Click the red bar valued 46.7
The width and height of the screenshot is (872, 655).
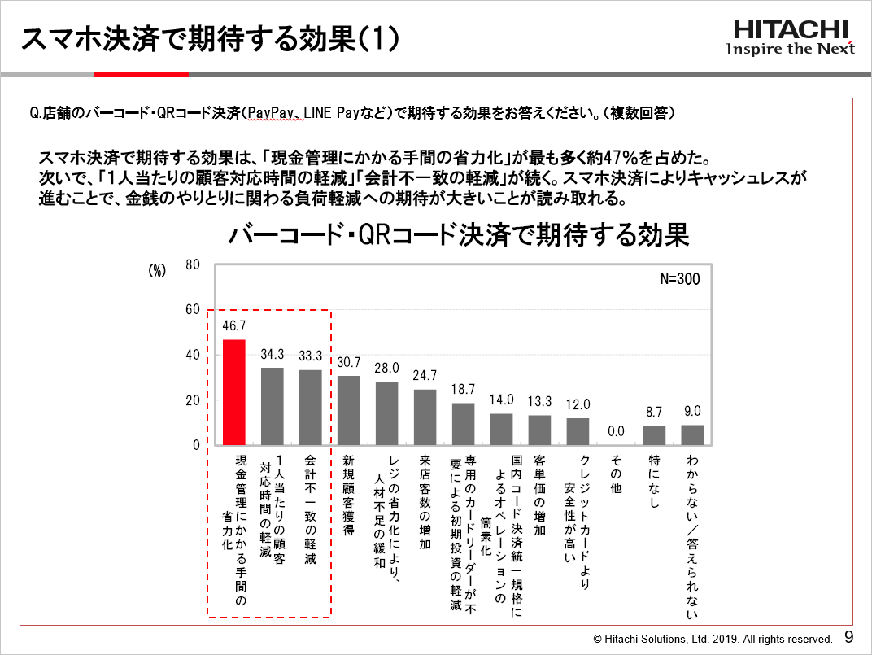[x=234, y=392]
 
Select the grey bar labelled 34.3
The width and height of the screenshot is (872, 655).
[x=272, y=406]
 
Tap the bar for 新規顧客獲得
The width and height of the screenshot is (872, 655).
[x=348, y=410]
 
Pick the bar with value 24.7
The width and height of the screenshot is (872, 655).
[x=425, y=417]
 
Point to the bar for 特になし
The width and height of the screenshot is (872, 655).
[x=654, y=435]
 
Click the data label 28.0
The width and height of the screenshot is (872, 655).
[x=386, y=368]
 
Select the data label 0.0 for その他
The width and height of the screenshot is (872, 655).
[x=616, y=431]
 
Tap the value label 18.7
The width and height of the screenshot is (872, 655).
[x=463, y=390]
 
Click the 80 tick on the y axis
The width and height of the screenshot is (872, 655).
[x=193, y=264]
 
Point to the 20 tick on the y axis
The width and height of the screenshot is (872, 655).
[x=193, y=400]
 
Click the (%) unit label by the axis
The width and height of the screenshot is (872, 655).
[x=157, y=271]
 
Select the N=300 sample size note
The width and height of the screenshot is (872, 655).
[x=679, y=279]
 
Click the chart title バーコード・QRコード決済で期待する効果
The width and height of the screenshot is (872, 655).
[x=459, y=236]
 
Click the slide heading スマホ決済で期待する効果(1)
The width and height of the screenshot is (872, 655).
[x=209, y=38]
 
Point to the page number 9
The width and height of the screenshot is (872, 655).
[x=849, y=637]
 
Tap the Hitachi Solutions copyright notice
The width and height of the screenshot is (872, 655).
[x=713, y=639]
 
